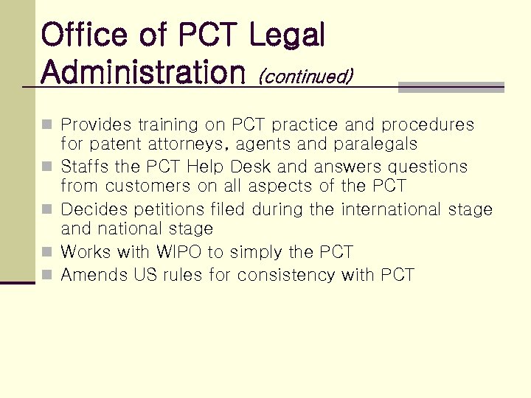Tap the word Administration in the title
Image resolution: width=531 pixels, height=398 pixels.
click(x=143, y=72)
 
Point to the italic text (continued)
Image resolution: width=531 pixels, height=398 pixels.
click(x=305, y=75)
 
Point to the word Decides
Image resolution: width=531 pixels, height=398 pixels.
click(x=92, y=209)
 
